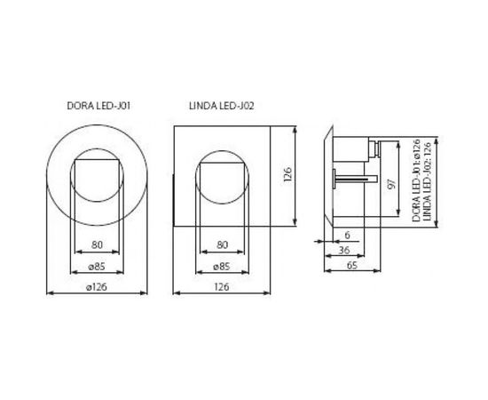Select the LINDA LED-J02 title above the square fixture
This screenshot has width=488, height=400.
(x=222, y=107)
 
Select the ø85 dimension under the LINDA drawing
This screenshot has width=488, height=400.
(x=222, y=268)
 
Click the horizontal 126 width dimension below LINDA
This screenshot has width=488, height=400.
(x=222, y=288)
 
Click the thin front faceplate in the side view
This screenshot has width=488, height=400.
(x=329, y=178)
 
